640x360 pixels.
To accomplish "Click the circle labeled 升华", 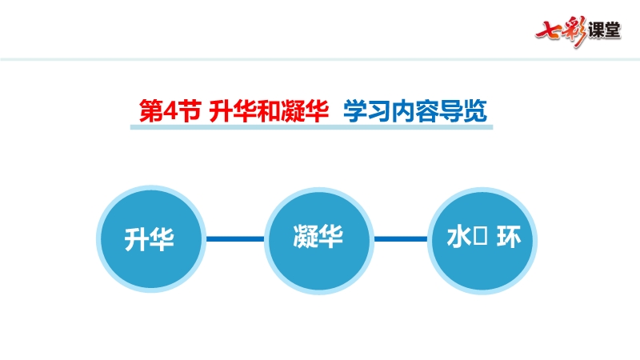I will (x=150, y=238).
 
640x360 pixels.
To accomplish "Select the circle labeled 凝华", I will (x=318, y=238).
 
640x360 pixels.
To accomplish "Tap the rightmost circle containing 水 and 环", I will (x=482, y=238).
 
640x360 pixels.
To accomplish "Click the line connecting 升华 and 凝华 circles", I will (x=234, y=238).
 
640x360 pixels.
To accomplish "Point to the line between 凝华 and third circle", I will (x=401, y=238).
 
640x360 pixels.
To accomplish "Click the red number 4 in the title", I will (x=169, y=110).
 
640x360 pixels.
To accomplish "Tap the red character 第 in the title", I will (x=150, y=110).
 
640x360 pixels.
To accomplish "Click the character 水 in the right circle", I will (x=458, y=238).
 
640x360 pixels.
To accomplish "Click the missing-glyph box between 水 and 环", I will (x=481, y=238).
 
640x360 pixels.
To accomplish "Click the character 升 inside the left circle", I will (x=138, y=238).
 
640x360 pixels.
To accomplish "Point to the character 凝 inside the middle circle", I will (x=306, y=238).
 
